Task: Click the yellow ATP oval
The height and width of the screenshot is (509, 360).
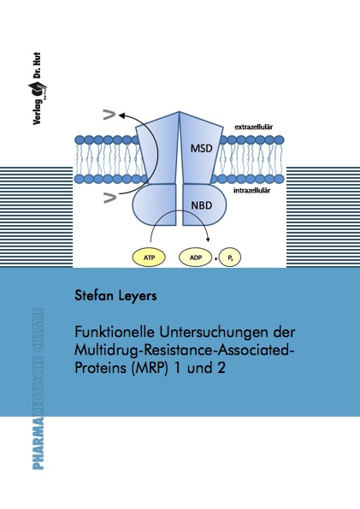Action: tap(149, 257)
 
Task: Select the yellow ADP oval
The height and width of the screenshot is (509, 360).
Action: tap(196, 257)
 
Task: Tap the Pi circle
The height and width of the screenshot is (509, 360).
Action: tap(230, 258)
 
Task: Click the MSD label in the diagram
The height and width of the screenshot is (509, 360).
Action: tap(201, 148)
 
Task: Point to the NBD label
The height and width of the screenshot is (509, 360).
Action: tap(202, 205)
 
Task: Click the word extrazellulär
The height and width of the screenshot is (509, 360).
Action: tap(254, 127)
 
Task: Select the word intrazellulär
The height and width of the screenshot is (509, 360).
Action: tap(252, 190)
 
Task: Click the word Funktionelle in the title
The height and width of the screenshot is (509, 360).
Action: tap(115, 333)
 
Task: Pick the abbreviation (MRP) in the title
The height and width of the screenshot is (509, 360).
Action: tap(149, 369)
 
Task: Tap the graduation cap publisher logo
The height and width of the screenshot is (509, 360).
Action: tap(37, 89)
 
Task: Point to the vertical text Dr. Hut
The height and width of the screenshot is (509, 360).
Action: tap(37, 66)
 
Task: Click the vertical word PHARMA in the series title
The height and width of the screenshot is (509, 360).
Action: tap(38, 443)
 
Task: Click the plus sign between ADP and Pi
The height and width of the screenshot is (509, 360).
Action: tap(216, 258)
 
